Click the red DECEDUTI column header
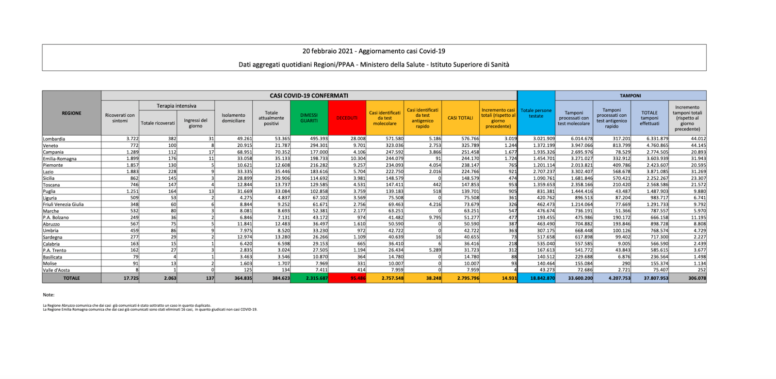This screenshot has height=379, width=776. click(x=347, y=118)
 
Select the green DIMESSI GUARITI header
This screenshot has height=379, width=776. click(x=309, y=118)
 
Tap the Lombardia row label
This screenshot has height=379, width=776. click(x=54, y=139)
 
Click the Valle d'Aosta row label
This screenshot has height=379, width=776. click(x=56, y=270)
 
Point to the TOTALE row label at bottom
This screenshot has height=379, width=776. click(x=71, y=278)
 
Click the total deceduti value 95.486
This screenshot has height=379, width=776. click(x=357, y=278)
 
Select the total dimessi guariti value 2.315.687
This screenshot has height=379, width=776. click(x=317, y=278)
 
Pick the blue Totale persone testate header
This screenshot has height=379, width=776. click(x=536, y=113)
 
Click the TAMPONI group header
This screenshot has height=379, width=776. click(x=630, y=95)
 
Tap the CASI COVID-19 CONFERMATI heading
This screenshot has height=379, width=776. click(x=309, y=95)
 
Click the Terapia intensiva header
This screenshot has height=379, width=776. click(x=177, y=106)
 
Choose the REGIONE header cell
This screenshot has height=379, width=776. click(x=71, y=113)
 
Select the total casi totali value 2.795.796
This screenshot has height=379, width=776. click(x=468, y=278)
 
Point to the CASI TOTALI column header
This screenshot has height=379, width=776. click(x=460, y=118)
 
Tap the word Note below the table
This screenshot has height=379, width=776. click(x=48, y=295)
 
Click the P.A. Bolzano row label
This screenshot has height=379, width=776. click(x=56, y=218)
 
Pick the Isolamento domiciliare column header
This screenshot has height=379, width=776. click(x=233, y=118)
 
